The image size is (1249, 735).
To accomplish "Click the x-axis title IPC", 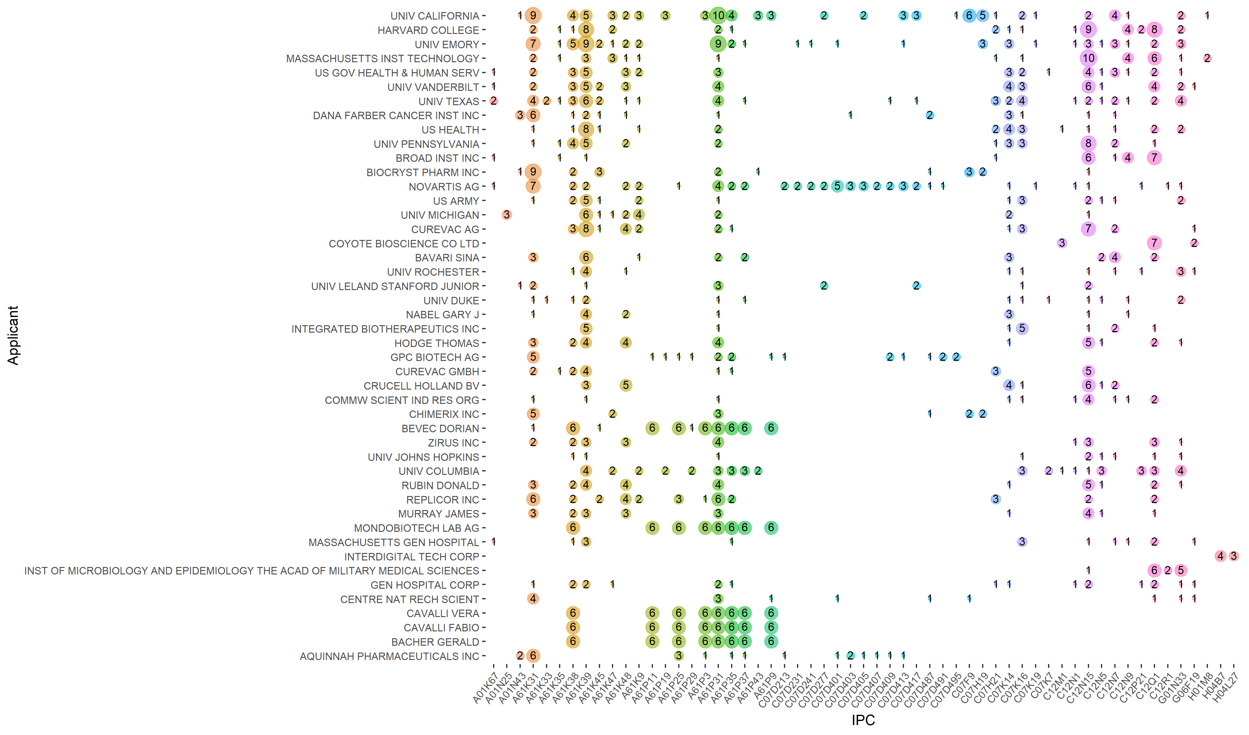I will pos(863,720).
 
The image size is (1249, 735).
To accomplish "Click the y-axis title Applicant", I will pos(13,335).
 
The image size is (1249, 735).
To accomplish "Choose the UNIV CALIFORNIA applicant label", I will pos(435,16).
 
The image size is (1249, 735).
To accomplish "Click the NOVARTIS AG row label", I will pos(444,187).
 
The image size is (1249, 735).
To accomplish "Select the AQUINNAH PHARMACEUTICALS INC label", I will pos(389,656).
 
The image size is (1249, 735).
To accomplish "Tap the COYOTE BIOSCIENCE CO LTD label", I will pos(404,244).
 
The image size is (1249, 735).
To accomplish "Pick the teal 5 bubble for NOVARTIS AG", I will pos(837,186).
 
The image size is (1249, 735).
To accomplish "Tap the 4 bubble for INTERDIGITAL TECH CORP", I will pos(1220,556).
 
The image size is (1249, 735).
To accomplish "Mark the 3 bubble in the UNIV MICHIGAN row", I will pos(506,215).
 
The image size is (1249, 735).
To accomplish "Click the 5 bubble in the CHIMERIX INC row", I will pos(533,414).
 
